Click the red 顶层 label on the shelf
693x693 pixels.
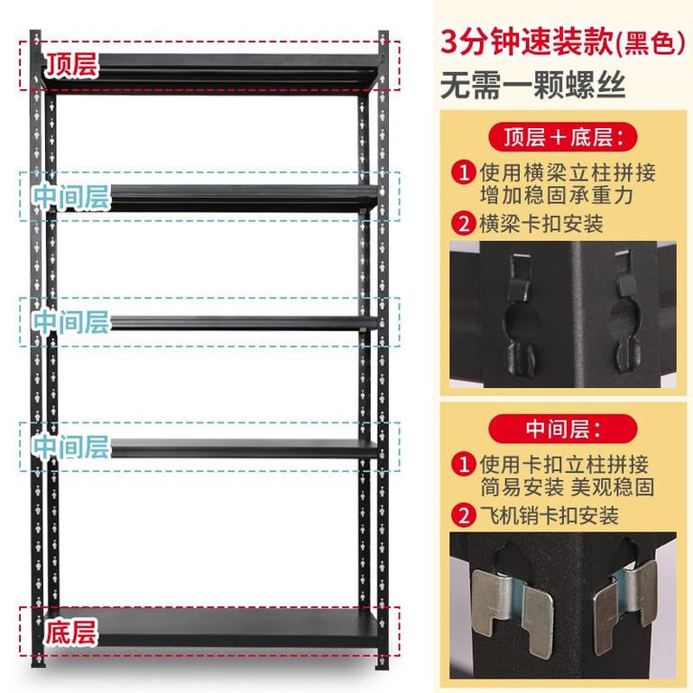71,65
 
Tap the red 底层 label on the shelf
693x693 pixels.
70,632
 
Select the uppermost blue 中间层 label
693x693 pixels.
71,196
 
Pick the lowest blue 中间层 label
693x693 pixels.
70,446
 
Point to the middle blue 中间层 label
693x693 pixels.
70,321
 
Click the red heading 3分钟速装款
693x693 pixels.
527,42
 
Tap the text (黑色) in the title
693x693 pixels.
650,43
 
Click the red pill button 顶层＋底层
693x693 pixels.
563,137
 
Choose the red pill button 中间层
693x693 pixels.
563,429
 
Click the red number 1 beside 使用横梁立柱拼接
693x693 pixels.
464,172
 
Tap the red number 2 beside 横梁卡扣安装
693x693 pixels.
464,223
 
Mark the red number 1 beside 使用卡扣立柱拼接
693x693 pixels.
464,464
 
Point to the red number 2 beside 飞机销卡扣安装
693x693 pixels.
464,515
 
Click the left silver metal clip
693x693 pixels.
511,610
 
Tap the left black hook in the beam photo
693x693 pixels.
520,314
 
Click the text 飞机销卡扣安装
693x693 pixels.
549,515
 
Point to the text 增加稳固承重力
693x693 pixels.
557,195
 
